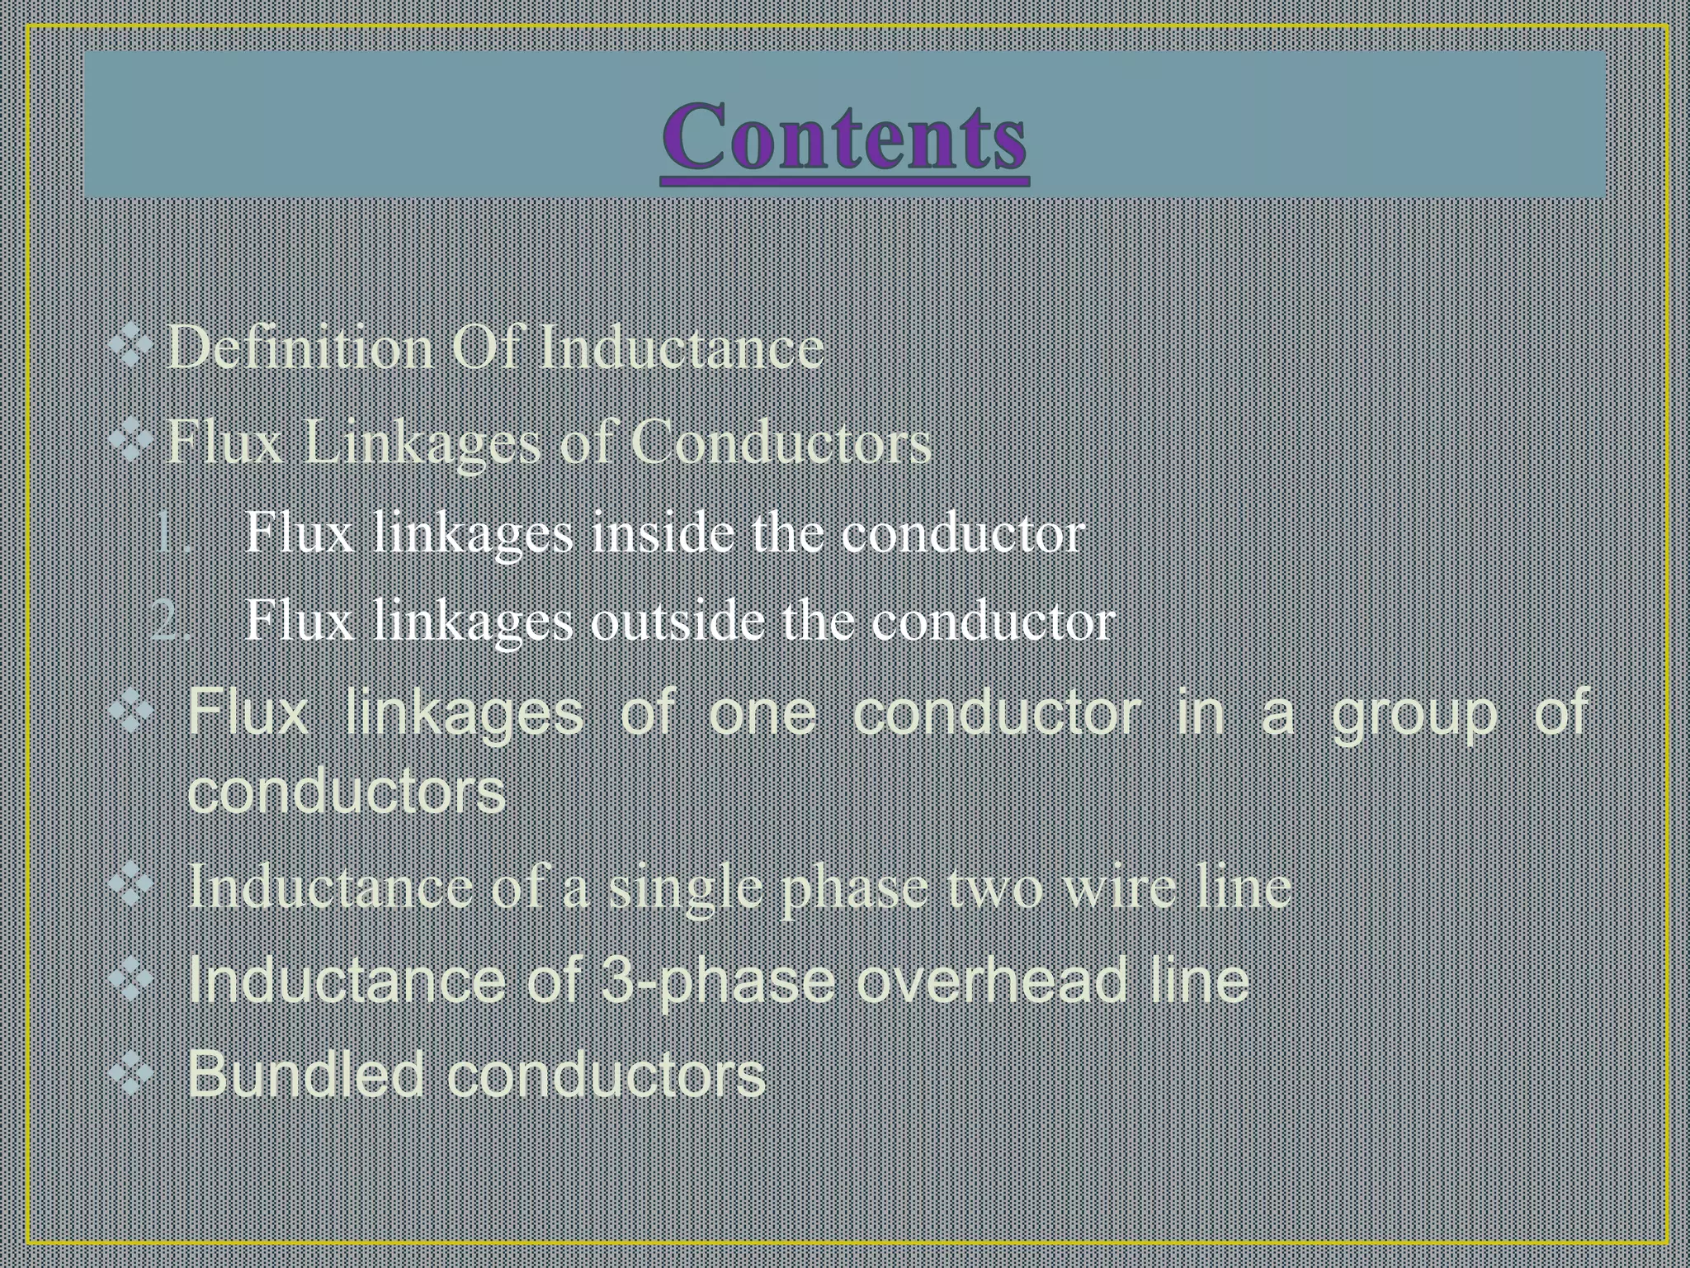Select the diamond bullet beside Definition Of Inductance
[x=131, y=347]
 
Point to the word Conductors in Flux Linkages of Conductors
[x=781, y=442]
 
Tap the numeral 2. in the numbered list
[x=172, y=621]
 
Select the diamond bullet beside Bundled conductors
[x=131, y=1074]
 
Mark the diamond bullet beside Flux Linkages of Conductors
[x=131, y=442]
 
